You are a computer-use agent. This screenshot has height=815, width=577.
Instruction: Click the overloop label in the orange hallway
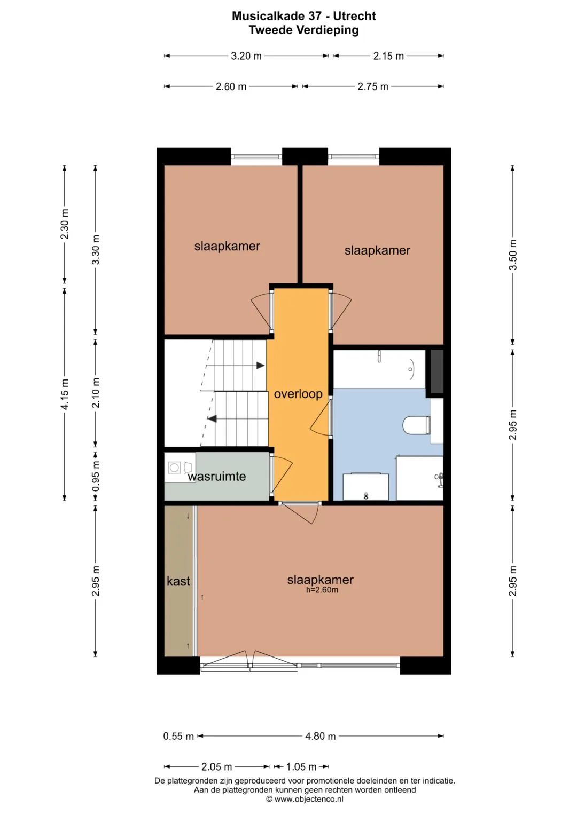click(x=298, y=394)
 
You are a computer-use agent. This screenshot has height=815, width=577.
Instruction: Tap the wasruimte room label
click(x=217, y=476)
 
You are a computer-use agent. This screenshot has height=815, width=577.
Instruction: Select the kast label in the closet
click(x=178, y=581)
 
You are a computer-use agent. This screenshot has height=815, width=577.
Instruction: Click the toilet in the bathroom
click(x=417, y=425)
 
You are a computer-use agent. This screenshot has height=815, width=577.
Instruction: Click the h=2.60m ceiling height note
click(x=322, y=590)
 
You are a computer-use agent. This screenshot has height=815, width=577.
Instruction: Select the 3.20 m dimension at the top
click(x=246, y=56)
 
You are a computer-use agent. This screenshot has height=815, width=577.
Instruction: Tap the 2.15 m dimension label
click(x=388, y=56)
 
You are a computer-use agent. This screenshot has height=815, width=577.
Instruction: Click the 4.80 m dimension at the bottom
click(x=320, y=736)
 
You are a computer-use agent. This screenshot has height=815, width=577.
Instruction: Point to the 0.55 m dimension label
click(x=178, y=736)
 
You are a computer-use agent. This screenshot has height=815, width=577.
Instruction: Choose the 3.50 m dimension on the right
click(x=512, y=255)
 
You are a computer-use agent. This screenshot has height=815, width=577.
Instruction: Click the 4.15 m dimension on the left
click(x=65, y=394)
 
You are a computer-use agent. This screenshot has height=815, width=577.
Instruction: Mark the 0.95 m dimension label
click(x=96, y=476)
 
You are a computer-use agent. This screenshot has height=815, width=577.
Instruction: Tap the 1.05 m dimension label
click(x=301, y=766)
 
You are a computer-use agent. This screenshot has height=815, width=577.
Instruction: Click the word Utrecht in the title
click(x=354, y=16)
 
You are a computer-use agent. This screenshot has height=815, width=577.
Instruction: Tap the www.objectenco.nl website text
click(x=309, y=799)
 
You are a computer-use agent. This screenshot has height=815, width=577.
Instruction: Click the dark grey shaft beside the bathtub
click(x=437, y=371)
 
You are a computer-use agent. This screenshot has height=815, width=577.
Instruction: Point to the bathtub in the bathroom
click(x=379, y=369)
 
